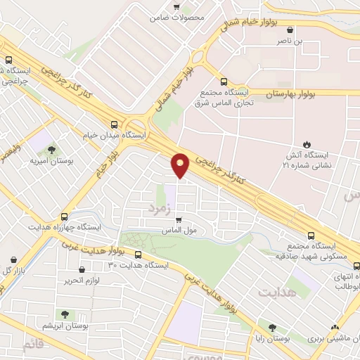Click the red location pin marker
pos(181,165)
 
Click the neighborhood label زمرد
pos(160,208)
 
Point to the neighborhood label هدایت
pos(274,290)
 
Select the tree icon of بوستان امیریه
pos(51,150)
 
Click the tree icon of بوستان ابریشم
pos(65,314)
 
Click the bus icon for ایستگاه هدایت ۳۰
pos(138,255)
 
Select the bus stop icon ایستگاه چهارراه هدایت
pos(65,217)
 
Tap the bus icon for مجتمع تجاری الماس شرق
pos(224,82)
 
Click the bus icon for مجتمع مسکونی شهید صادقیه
pos(311,236)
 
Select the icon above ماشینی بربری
pos(335,328)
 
